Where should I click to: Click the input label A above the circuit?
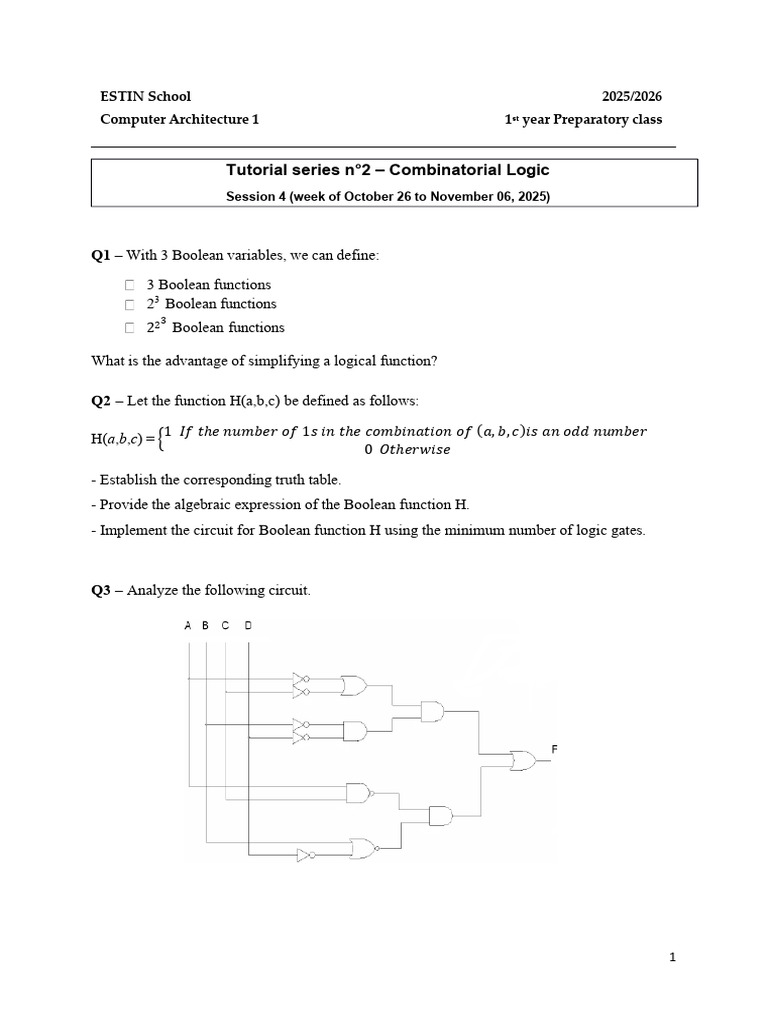(x=187, y=625)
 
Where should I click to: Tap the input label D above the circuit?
(x=248, y=625)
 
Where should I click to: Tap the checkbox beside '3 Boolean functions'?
(x=130, y=285)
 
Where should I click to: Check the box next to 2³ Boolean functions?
(x=130, y=304)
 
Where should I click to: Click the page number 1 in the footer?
(x=673, y=957)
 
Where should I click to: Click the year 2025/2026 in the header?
(x=631, y=97)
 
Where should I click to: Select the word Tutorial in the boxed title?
(x=259, y=171)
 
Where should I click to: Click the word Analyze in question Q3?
(x=155, y=591)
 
